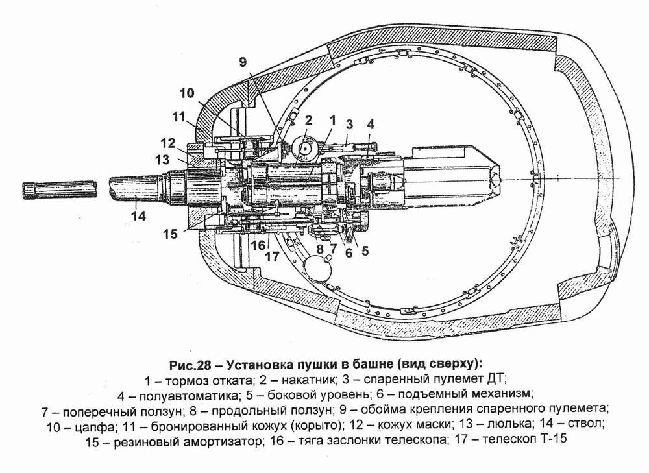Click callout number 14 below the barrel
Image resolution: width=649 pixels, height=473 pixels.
(x=138, y=215)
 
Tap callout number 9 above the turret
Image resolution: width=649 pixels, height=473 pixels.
(x=243, y=62)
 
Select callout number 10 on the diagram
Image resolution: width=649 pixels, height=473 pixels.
(x=187, y=93)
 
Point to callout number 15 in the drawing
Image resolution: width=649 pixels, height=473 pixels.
(x=169, y=234)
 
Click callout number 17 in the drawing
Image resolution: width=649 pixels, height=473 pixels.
(x=272, y=256)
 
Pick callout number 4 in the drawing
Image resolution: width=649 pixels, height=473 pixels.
(x=370, y=124)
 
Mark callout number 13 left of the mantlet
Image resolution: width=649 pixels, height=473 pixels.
(x=162, y=160)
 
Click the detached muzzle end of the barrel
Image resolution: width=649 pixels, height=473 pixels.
(x=60, y=190)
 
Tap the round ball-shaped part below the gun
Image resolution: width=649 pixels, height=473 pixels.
(x=317, y=267)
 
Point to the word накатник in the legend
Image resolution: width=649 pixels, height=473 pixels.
(x=305, y=380)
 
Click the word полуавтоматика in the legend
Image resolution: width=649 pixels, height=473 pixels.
(x=189, y=396)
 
